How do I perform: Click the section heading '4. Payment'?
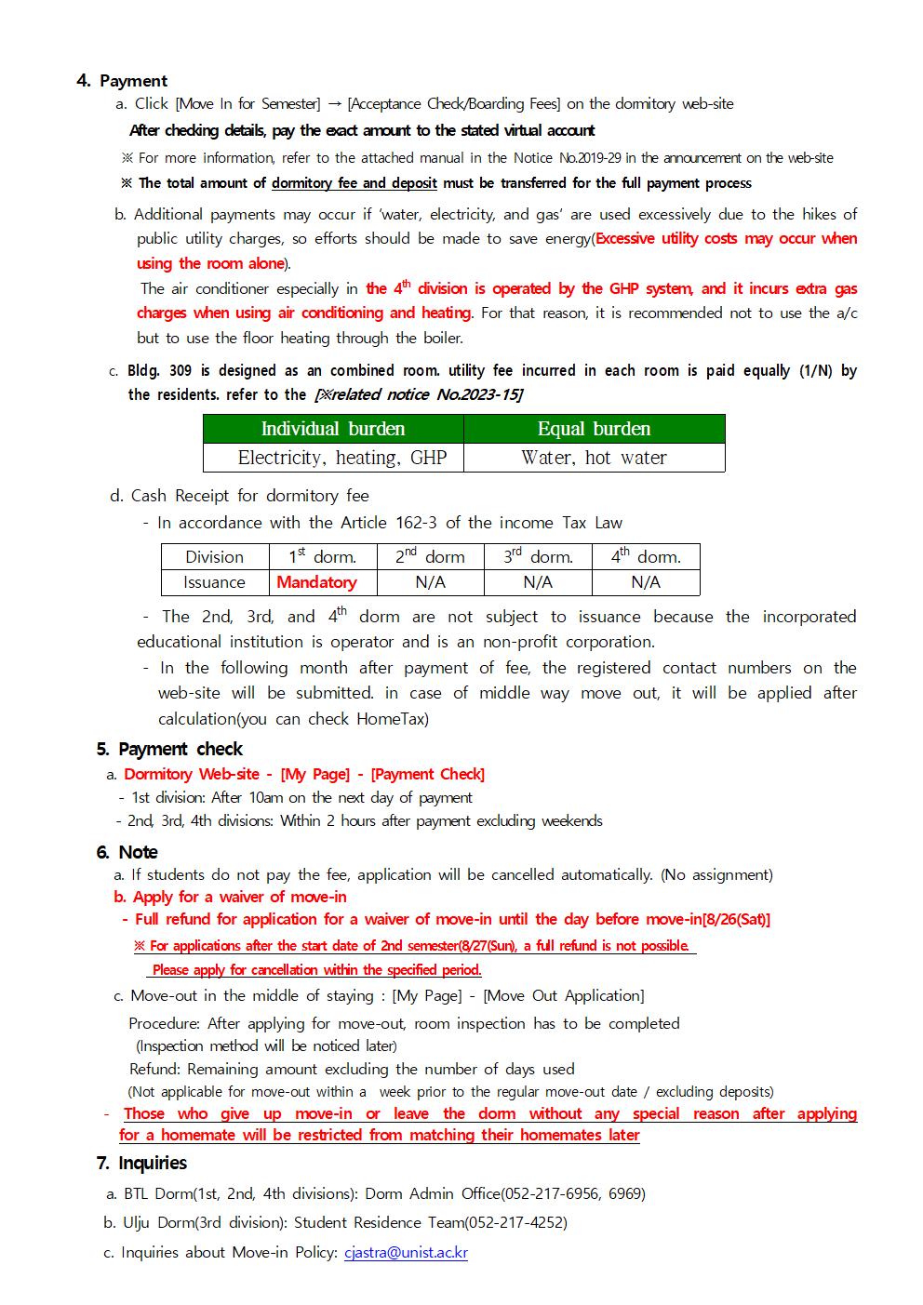click(122, 81)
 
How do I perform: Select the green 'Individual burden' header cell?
click(333, 429)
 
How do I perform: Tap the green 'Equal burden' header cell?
click(594, 429)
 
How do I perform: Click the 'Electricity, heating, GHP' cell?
click(333, 458)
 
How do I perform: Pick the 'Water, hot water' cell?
click(594, 458)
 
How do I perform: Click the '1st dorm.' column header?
click(322, 556)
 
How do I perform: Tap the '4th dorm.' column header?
click(646, 556)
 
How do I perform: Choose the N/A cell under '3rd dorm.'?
click(538, 582)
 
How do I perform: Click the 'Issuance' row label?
click(214, 582)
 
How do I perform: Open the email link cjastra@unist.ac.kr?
click(406, 1252)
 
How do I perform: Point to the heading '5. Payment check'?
click(169, 749)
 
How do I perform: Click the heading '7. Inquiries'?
click(141, 1163)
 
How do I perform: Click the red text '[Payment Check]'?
click(427, 774)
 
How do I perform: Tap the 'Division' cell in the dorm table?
click(214, 556)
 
